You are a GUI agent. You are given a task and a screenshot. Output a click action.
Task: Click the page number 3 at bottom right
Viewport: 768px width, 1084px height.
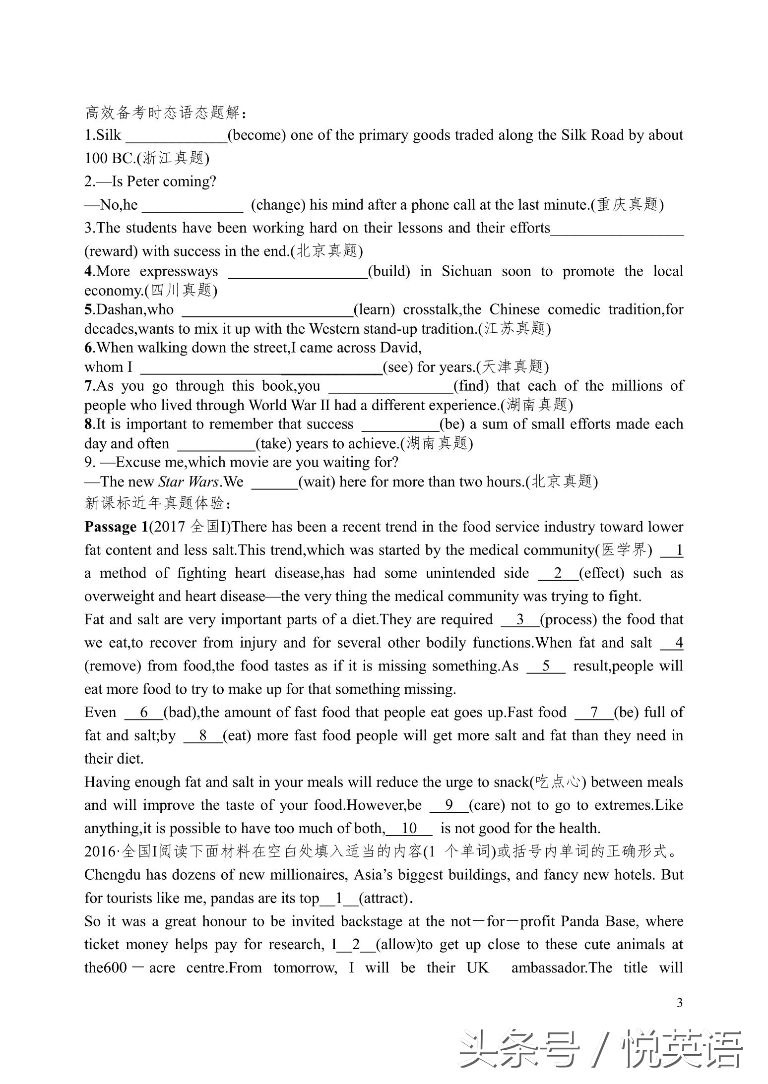(x=679, y=1003)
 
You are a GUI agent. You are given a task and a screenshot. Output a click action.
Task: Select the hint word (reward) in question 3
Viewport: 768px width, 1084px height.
(x=111, y=251)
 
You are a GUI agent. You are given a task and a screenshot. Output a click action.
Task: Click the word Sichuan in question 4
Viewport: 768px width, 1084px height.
(x=466, y=271)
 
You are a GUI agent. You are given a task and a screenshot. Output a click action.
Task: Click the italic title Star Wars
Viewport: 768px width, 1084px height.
(x=189, y=482)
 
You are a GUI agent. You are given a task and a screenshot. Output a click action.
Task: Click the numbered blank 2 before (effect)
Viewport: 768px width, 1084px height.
(x=558, y=573)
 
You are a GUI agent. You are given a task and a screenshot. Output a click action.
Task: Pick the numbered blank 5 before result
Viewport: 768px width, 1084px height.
(x=546, y=666)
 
